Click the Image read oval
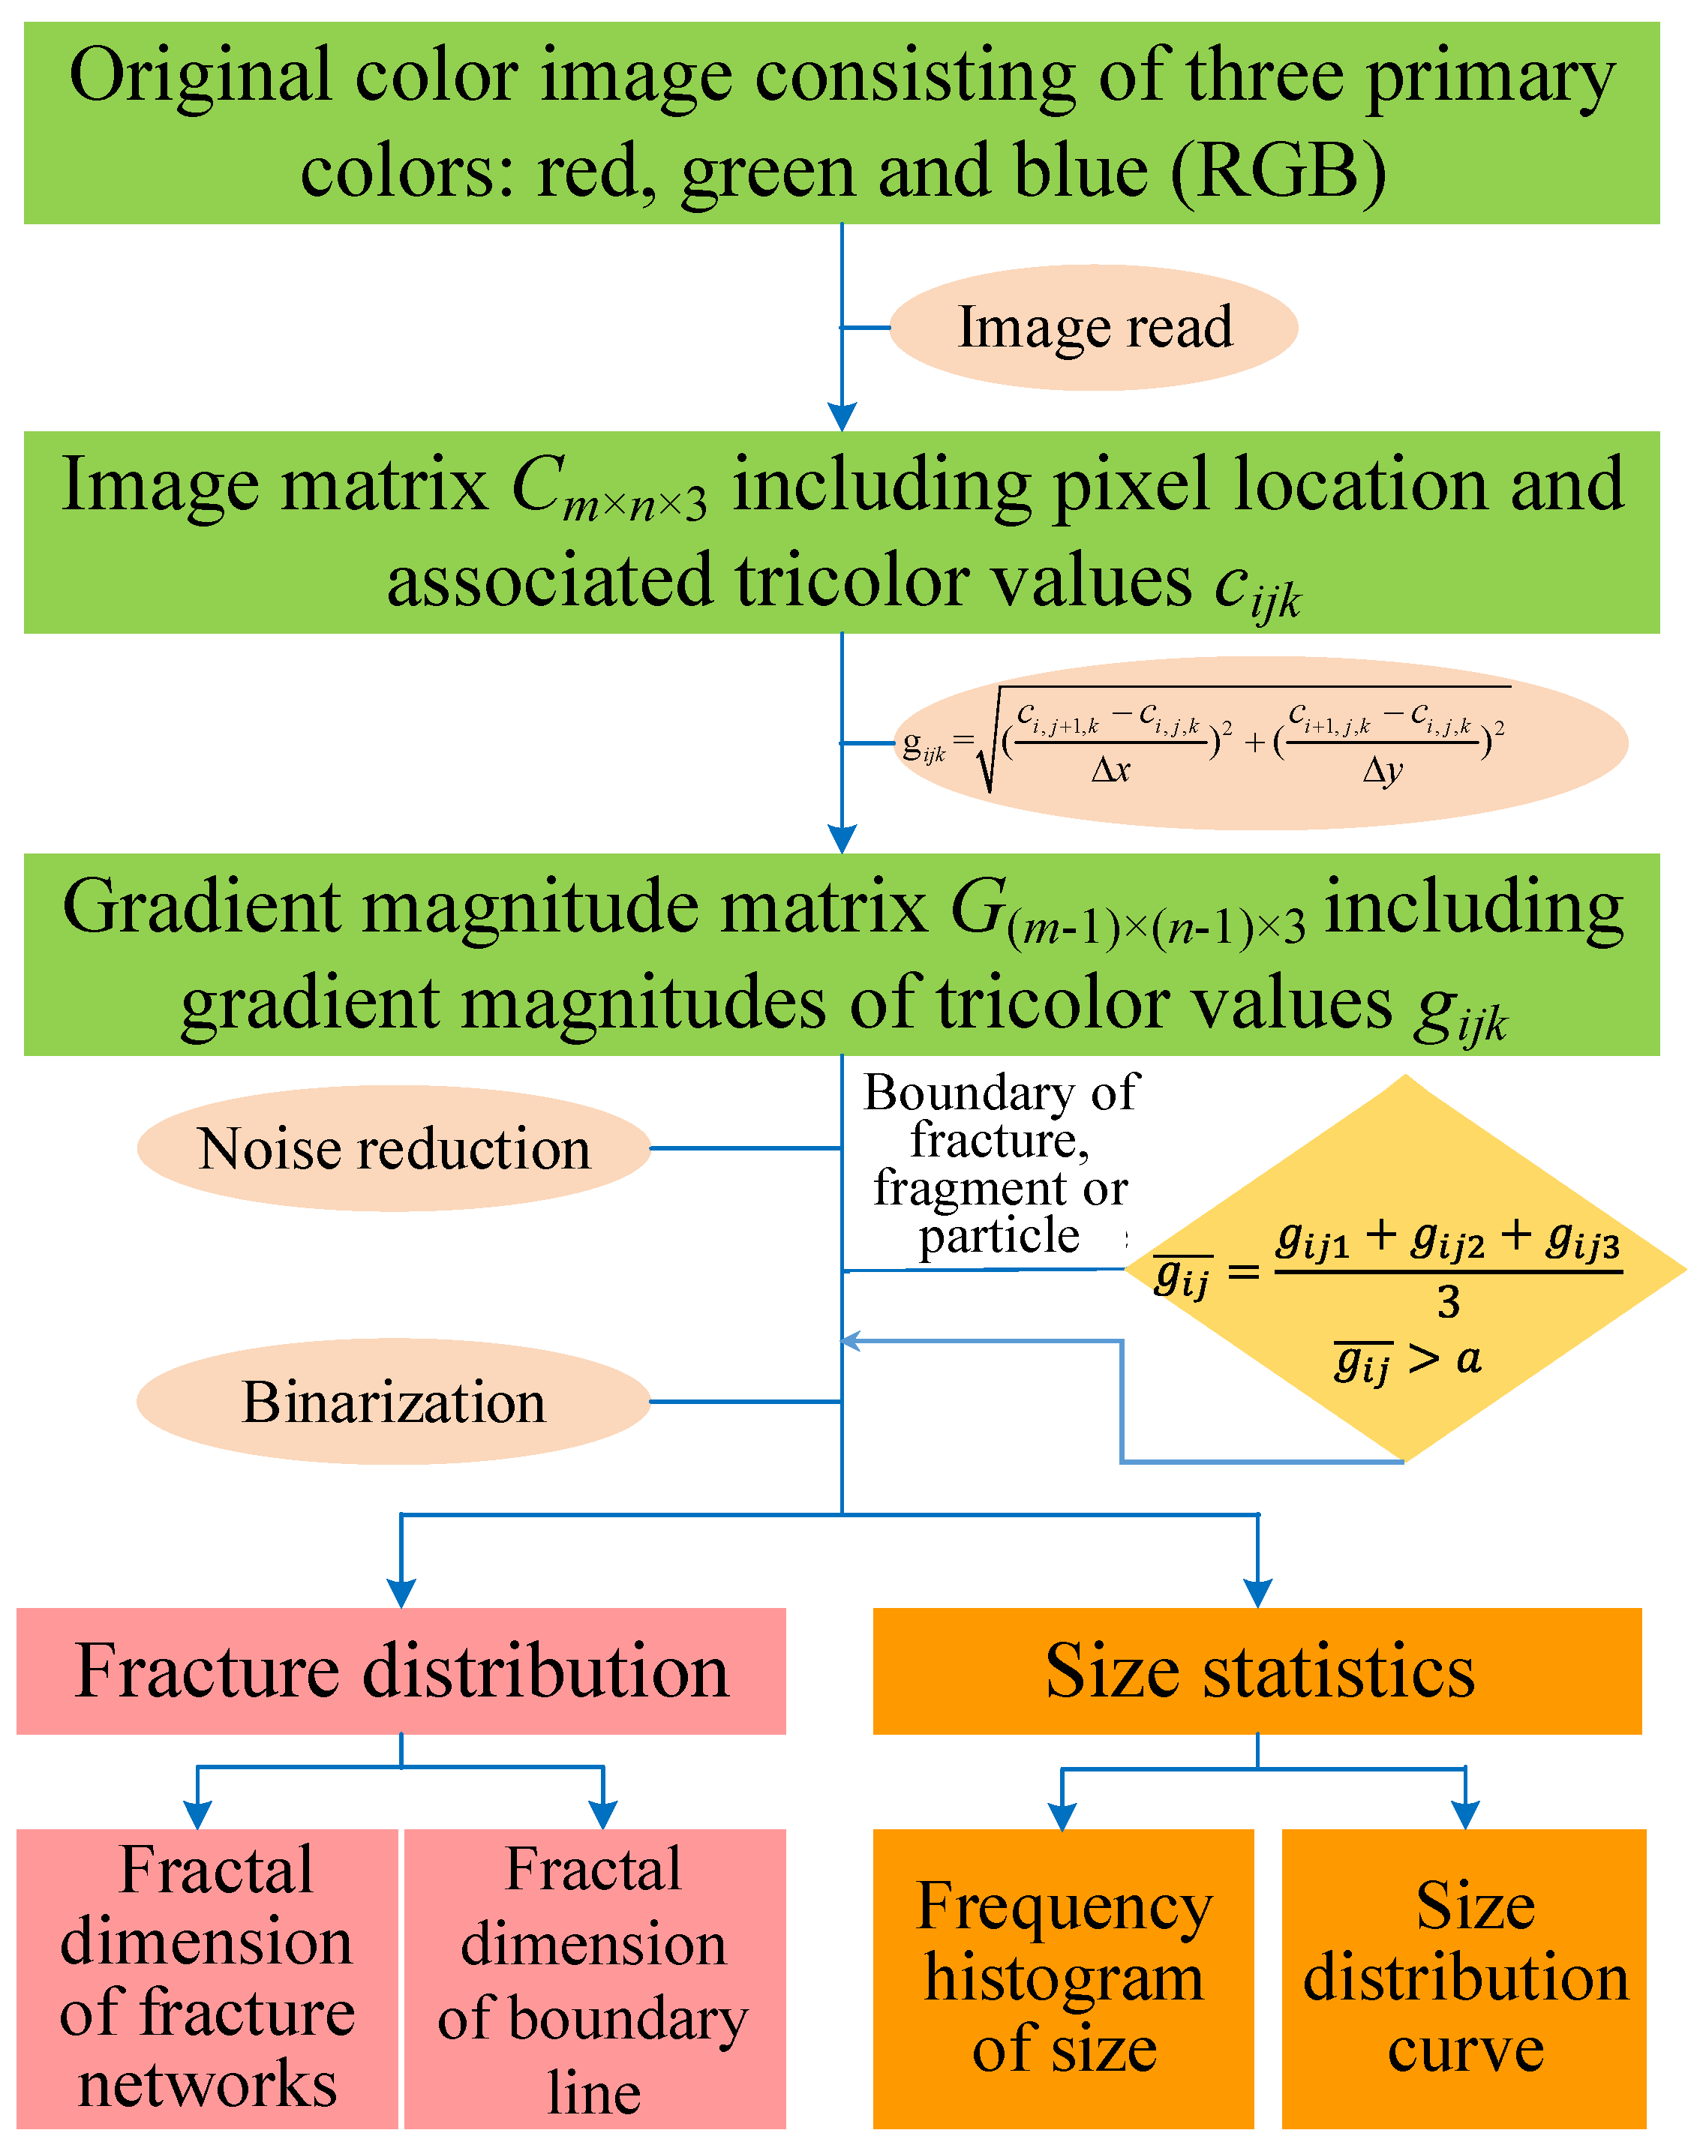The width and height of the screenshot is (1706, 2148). pyautogui.click(x=1092, y=328)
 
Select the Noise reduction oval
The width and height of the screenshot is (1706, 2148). pyautogui.click(x=394, y=1149)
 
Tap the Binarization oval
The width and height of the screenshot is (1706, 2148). pyautogui.click(x=394, y=1402)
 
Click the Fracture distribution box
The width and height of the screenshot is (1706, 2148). pyautogui.click(x=401, y=1671)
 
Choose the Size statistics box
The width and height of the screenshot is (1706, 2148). pyautogui.click(x=1257, y=1671)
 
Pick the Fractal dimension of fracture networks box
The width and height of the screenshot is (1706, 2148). pyautogui.click(x=207, y=1978)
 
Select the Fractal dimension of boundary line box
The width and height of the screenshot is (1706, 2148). pyautogui.click(x=594, y=1978)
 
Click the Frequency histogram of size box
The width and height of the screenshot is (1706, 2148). pyautogui.click(x=1062, y=1978)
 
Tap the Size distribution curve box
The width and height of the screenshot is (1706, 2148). pyautogui.click(x=1463, y=1978)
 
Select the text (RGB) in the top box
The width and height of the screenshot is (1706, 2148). pyautogui.click(x=1278, y=171)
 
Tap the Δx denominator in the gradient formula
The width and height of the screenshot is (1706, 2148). pyautogui.click(x=1110, y=770)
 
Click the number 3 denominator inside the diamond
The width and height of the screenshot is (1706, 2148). pyautogui.click(x=1448, y=1301)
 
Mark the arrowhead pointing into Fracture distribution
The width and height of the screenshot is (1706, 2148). pyautogui.click(x=401, y=1591)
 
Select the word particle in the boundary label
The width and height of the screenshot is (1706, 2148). pyautogui.click(x=999, y=1237)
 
